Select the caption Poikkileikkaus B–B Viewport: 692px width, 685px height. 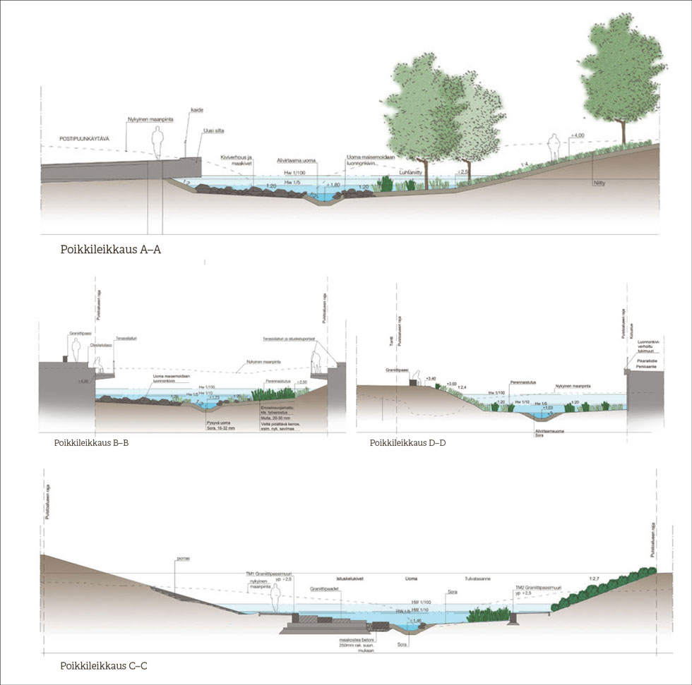coord(90,444)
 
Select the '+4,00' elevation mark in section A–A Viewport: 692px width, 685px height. coord(577,135)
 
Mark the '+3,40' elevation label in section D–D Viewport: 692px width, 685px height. coord(432,379)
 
